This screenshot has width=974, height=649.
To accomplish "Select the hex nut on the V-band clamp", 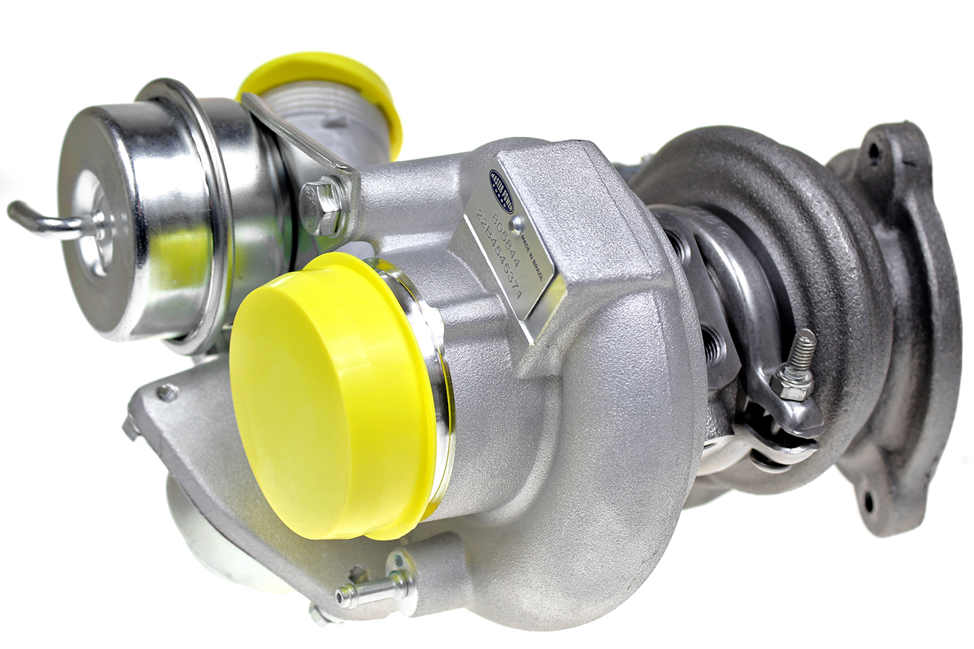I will [791, 385].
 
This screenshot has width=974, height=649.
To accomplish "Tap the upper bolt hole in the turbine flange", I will [873, 152].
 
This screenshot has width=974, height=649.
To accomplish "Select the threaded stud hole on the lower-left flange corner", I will [167, 392].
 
